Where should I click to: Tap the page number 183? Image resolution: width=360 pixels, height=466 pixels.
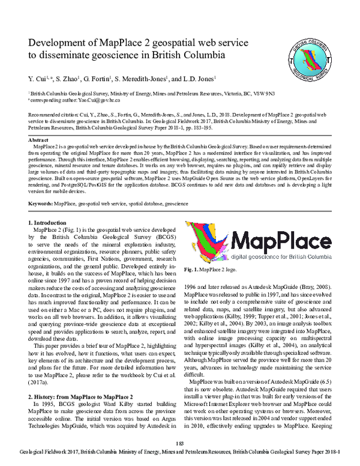coord(179,443)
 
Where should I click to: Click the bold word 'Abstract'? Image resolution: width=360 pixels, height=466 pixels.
coord(39,139)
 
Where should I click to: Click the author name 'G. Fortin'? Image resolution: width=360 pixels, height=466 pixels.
coord(107,79)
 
